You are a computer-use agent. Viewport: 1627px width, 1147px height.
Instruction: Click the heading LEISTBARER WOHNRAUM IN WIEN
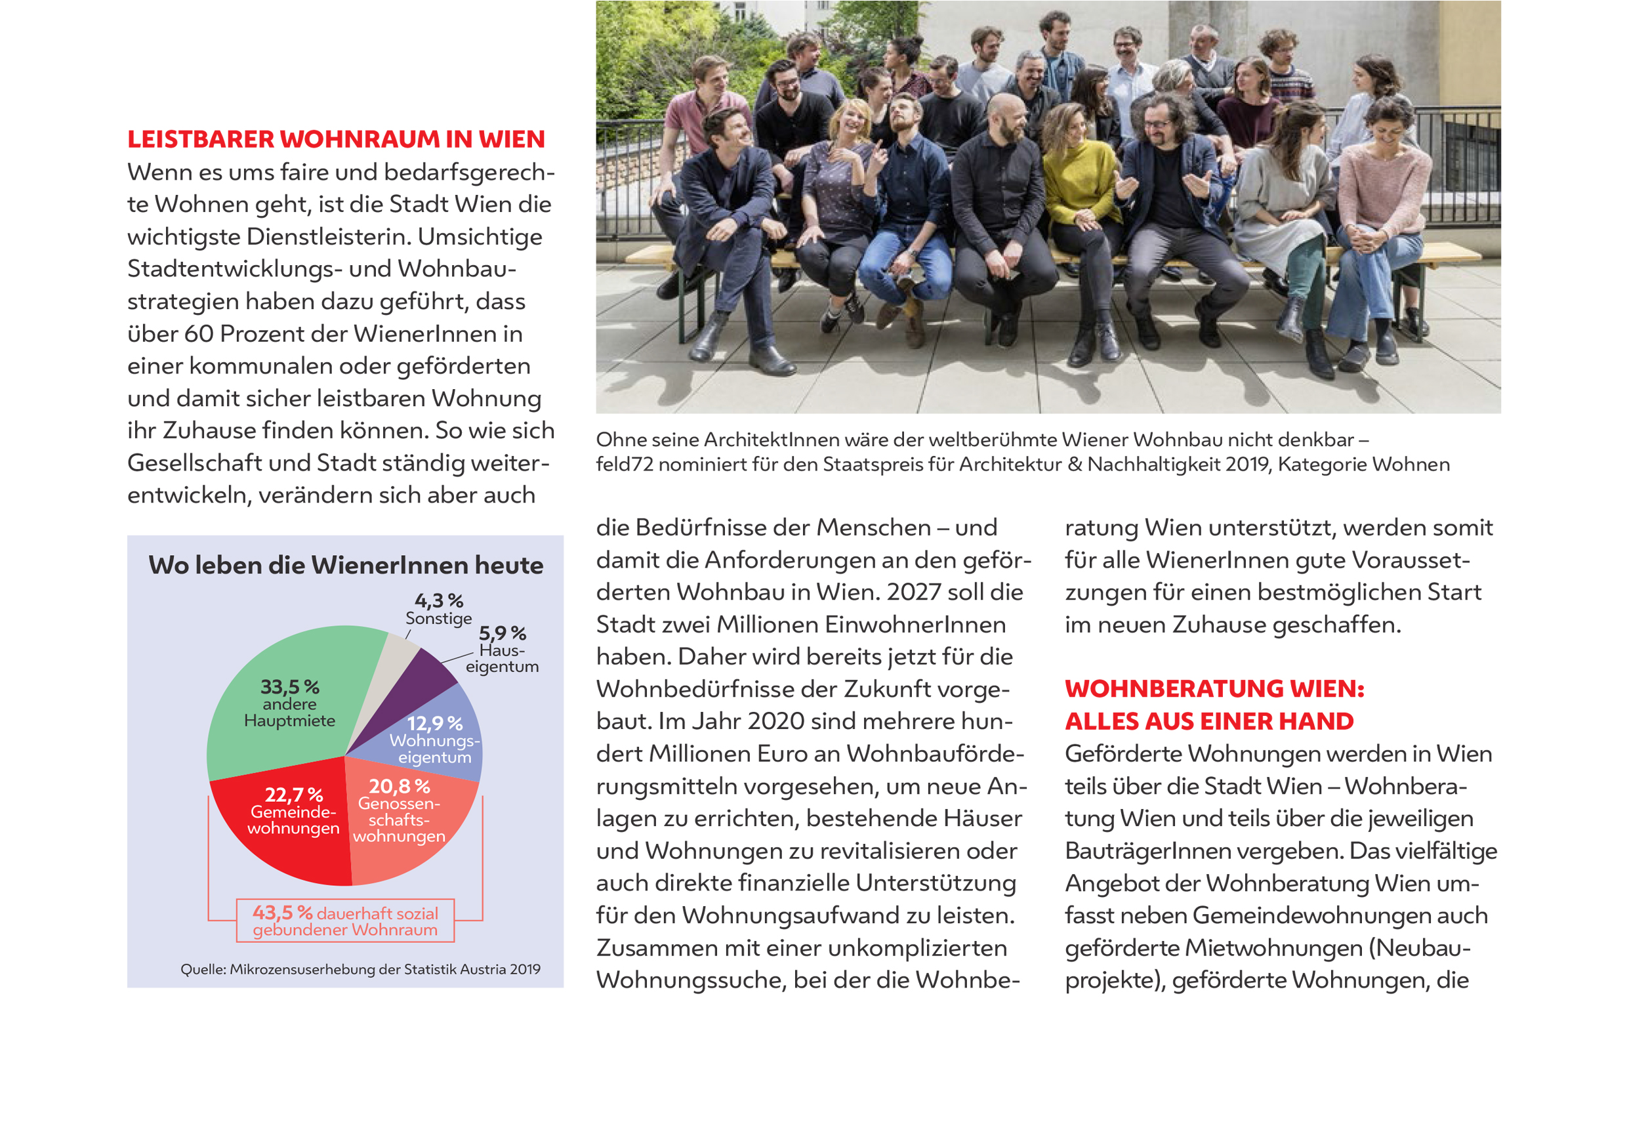(336, 139)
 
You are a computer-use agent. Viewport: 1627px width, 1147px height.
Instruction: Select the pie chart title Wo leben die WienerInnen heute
(346, 565)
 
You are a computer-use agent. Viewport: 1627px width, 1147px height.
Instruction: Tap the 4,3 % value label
(439, 601)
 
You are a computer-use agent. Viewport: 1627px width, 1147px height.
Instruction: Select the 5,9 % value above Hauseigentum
(503, 633)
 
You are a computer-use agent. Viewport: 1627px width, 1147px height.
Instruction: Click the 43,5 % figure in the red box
(282, 912)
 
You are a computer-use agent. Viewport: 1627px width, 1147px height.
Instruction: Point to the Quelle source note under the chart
(360, 969)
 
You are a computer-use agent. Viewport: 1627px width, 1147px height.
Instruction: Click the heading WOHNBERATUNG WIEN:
(1214, 688)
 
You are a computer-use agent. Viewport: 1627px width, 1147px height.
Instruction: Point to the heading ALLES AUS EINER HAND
(1209, 721)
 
